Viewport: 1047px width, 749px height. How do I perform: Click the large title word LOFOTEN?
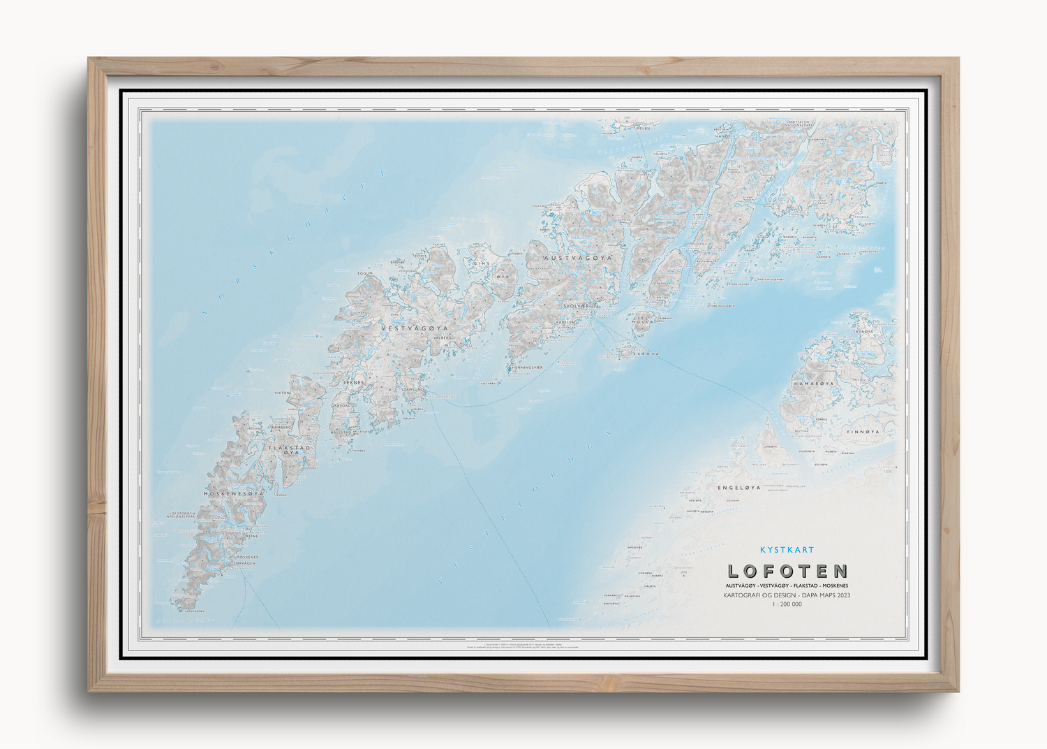click(787, 572)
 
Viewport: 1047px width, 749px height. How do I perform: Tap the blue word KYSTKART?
click(787, 550)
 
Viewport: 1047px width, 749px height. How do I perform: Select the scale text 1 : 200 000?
click(787, 604)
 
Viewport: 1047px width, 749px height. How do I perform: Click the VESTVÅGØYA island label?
click(415, 328)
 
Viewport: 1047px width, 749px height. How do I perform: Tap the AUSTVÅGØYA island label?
click(577, 258)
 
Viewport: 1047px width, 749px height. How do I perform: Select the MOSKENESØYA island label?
click(234, 493)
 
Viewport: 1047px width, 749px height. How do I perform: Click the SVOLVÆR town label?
click(576, 306)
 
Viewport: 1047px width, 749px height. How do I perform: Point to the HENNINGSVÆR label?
click(527, 368)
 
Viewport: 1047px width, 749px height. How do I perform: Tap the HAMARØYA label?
click(814, 384)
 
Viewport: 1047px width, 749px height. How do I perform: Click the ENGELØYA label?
click(738, 488)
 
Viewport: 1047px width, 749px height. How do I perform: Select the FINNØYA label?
click(863, 432)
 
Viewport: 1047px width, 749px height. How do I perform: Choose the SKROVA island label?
click(646, 354)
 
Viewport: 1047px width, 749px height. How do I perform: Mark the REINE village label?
click(251, 537)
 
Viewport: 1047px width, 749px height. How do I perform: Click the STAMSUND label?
click(413, 389)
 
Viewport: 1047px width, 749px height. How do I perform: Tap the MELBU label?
click(642, 129)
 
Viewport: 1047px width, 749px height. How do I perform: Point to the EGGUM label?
click(365, 273)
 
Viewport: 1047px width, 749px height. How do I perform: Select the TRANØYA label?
click(863, 331)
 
